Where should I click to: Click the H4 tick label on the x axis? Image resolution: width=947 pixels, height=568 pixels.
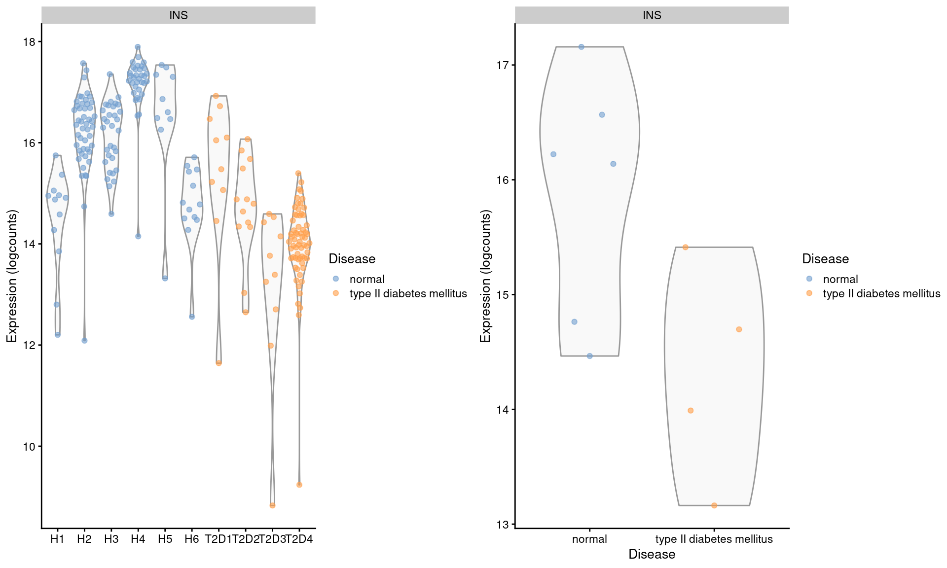pos(138,539)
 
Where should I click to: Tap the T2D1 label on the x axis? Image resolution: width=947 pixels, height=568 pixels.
pos(218,539)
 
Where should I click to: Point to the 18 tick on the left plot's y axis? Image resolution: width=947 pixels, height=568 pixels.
pos(29,42)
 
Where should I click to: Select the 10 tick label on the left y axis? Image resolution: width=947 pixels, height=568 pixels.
pos(29,447)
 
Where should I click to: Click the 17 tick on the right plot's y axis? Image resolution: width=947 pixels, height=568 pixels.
pos(503,65)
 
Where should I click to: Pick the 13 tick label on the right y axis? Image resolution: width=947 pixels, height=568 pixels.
pos(503,525)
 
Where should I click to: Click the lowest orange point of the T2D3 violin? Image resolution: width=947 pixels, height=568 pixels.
pos(272,505)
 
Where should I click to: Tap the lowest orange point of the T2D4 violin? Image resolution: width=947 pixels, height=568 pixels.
pos(299,485)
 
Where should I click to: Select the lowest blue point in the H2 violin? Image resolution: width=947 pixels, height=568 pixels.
pos(84,341)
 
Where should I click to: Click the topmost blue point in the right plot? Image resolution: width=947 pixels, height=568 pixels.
pos(581,47)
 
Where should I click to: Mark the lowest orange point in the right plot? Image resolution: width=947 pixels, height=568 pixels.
pos(714,505)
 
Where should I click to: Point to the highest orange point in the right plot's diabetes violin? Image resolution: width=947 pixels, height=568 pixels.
pos(685,247)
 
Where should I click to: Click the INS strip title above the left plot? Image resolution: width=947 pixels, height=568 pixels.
pos(178,15)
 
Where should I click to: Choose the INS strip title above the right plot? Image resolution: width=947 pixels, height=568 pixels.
pos(652,15)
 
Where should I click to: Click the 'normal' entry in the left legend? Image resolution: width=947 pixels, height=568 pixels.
pos(366,279)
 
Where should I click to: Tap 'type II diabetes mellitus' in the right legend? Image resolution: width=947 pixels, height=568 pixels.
pos(881,293)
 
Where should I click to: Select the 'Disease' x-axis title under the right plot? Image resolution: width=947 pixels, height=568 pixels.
pos(652,554)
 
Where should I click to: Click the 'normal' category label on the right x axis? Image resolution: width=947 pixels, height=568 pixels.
pos(589,539)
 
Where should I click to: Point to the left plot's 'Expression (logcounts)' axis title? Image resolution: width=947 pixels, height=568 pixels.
pos(12,276)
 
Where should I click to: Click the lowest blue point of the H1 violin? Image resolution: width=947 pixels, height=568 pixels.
pos(58,335)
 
